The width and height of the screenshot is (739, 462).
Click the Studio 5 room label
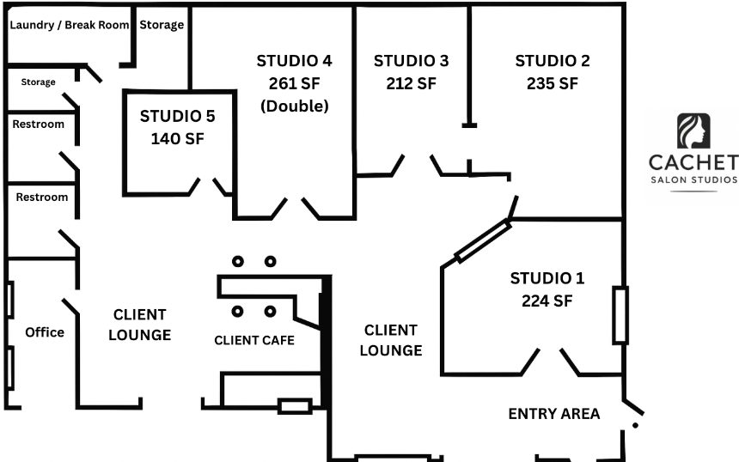[x=177, y=116]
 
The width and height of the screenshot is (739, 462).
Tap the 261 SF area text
[x=294, y=83]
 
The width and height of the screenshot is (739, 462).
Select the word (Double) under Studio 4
[x=295, y=106]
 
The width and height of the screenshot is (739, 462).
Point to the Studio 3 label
[x=411, y=61]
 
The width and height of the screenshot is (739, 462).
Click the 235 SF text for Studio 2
[x=552, y=83]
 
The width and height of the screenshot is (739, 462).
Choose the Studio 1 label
[x=547, y=278]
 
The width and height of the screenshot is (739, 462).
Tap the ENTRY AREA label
[x=553, y=414]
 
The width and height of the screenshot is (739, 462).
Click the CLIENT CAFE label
[x=254, y=340]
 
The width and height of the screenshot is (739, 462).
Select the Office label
[x=45, y=332]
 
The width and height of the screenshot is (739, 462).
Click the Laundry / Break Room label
[x=70, y=25]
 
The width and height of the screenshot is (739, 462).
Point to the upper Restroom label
[x=38, y=124]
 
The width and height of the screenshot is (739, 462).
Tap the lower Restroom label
[x=41, y=197]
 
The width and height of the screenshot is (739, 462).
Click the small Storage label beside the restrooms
[x=38, y=82]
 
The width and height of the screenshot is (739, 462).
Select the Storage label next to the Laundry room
[x=162, y=25]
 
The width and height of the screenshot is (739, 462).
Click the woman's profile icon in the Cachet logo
[x=693, y=131]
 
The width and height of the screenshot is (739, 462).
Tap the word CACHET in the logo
[x=693, y=162]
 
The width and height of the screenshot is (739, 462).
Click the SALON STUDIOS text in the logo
[x=693, y=179]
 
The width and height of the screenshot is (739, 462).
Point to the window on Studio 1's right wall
[x=620, y=314]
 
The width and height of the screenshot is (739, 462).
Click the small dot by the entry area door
[x=635, y=425]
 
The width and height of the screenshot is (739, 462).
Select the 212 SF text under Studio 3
[x=411, y=83]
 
